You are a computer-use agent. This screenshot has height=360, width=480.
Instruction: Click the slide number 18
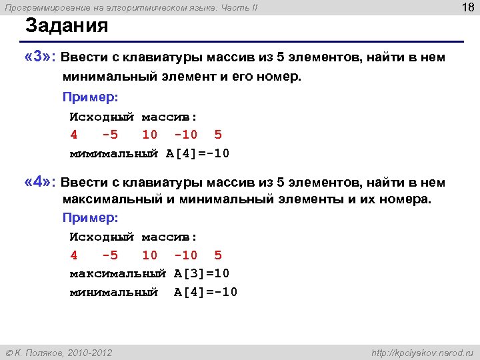coord(466,7)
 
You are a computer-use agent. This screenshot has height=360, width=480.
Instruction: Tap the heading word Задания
coord(67,27)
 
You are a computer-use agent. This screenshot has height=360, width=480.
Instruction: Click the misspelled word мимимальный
coord(114,153)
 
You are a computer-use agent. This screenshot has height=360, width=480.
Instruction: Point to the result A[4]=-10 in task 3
coord(198,153)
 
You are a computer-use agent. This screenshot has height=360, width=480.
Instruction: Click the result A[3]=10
coord(202,274)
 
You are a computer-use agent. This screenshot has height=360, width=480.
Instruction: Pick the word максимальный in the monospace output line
coord(117,274)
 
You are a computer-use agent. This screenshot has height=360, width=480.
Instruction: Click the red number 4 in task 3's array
coord(74,135)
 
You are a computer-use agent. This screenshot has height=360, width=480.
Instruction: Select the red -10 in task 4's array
coord(185,255)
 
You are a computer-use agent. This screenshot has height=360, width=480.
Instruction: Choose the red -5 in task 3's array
coord(110,135)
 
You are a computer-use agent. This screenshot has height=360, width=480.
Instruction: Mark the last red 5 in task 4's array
coord(218,255)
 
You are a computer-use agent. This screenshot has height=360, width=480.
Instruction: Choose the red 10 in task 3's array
coord(150,135)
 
